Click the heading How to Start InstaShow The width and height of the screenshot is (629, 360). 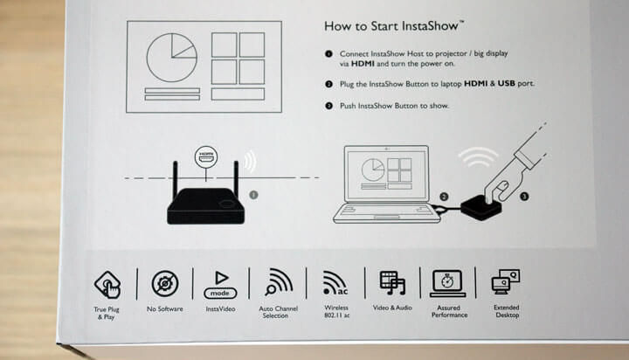point(394,26)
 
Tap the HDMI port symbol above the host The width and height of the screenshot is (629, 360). point(206,156)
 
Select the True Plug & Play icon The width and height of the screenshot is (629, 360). point(107,285)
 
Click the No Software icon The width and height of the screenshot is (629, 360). point(165,284)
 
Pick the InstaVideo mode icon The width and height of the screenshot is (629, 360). point(220,285)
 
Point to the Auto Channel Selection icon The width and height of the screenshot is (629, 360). point(279,281)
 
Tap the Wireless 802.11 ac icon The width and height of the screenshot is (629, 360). point(335,283)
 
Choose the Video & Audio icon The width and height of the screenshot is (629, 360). point(392,282)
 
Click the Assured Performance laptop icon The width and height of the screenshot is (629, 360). point(447,283)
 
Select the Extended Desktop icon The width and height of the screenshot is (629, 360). point(506,281)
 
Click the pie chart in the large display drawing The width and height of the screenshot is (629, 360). point(172,58)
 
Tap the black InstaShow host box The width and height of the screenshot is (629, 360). point(206,206)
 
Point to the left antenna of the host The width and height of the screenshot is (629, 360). point(176,179)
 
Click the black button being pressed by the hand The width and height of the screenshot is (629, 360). point(481,207)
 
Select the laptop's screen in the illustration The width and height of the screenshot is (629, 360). point(387,174)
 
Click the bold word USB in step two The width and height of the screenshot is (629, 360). point(506,84)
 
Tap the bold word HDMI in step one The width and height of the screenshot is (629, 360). point(363,64)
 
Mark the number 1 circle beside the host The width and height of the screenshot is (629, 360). point(253,195)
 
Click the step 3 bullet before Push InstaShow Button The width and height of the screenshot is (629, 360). point(329,106)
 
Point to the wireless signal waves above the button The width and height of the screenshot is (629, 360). point(478,157)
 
